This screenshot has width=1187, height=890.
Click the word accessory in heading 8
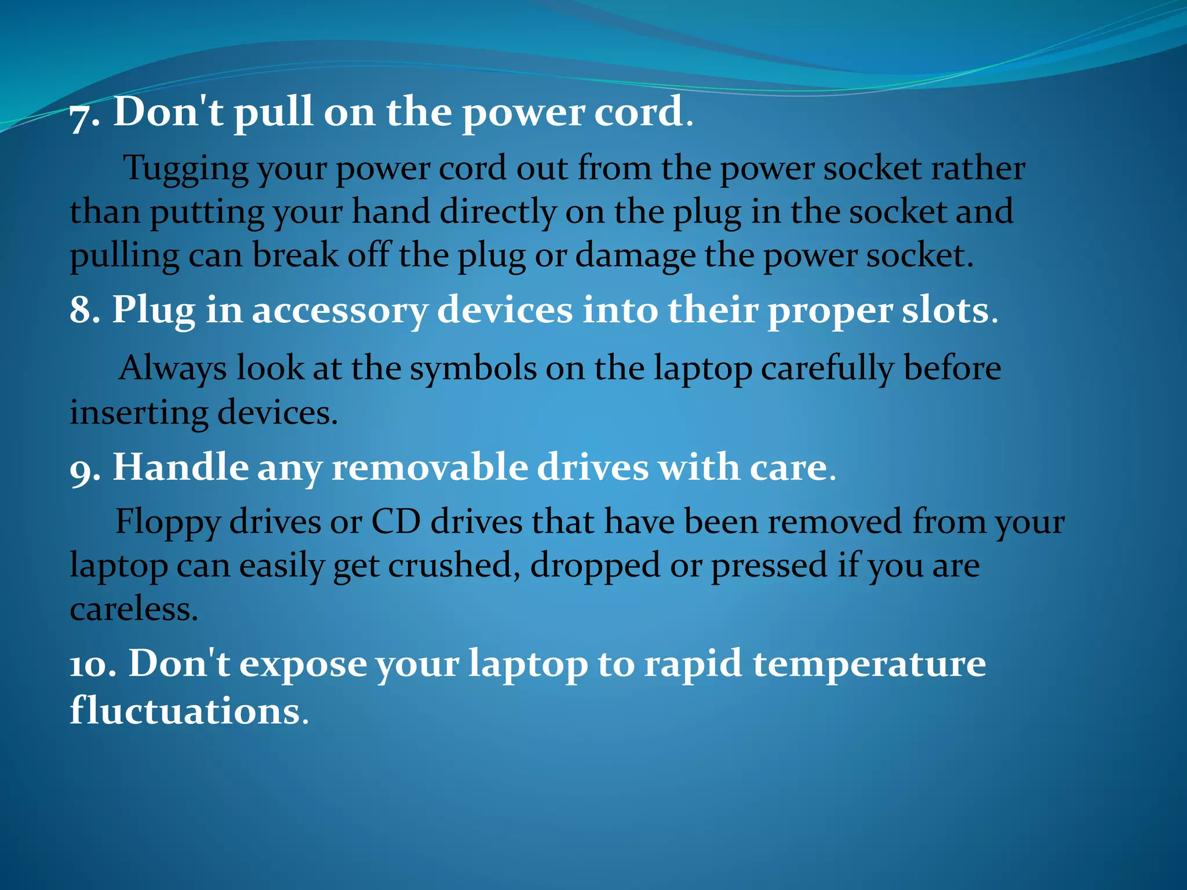coord(340,312)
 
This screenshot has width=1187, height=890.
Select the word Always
coord(172,369)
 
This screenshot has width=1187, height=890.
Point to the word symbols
coord(473,369)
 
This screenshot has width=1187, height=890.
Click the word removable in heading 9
coord(429,468)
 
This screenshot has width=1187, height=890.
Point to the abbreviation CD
coord(396,521)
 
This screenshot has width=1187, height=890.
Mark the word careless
coord(133,610)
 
